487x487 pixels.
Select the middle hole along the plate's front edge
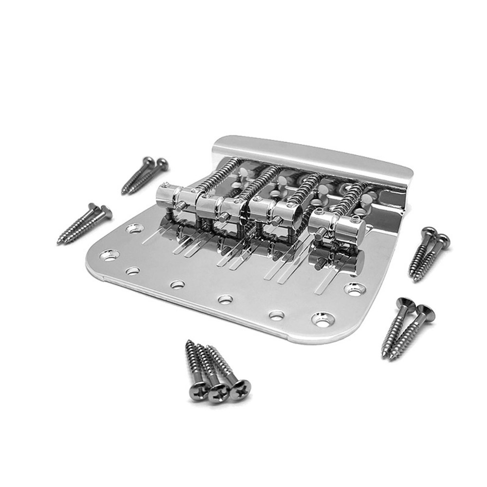[225, 299]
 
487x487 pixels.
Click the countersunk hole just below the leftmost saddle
[134, 228]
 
